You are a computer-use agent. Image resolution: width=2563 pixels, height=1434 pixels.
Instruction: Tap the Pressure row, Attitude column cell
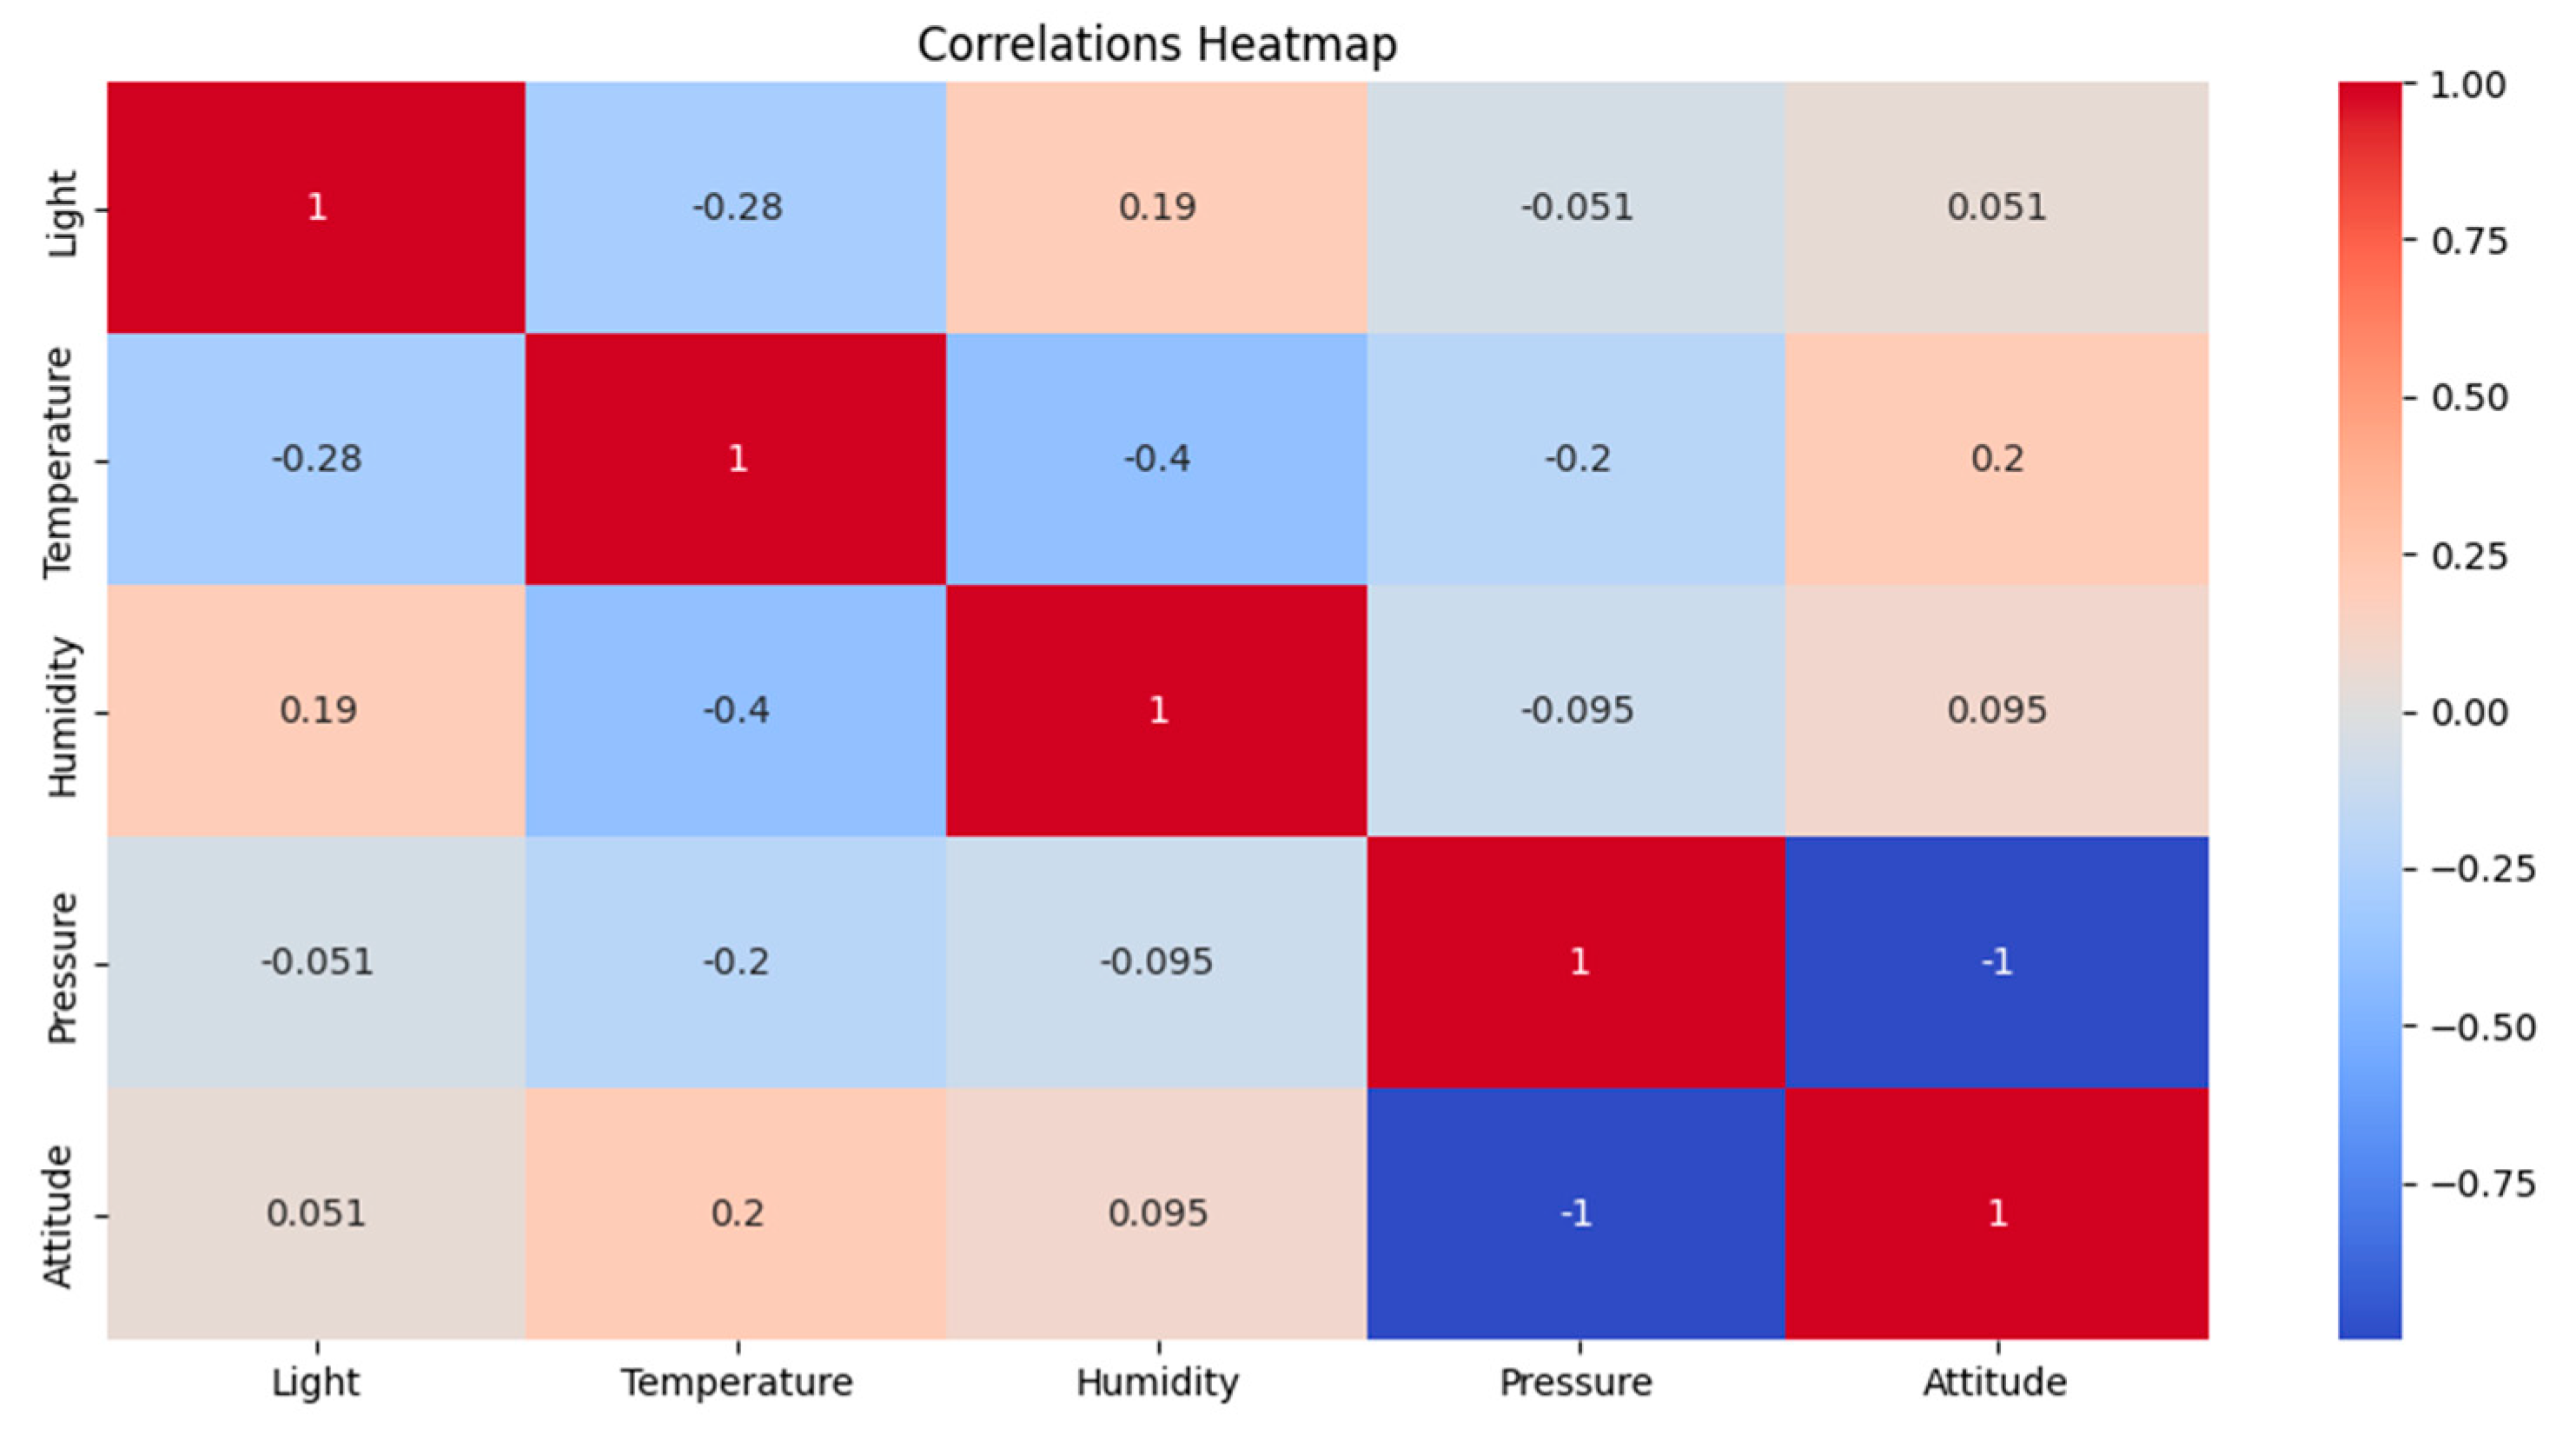(1997, 961)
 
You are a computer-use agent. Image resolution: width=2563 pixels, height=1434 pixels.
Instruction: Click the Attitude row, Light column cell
(316, 1213)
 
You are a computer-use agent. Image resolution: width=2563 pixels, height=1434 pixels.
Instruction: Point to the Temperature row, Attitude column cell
(1997, 459)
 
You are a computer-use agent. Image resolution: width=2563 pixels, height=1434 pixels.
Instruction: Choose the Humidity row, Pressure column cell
(1577, 709)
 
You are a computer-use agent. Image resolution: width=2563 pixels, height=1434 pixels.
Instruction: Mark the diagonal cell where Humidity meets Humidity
(1157, 709)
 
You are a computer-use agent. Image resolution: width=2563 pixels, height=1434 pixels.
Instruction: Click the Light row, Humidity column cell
(1157, 207)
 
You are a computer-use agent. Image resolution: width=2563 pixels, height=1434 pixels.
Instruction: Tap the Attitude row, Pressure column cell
(1577, 1213)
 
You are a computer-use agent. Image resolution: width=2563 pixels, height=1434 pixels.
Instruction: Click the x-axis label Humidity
(1157, 1382)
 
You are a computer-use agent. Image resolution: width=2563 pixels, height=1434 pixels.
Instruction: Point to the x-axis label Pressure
(1576, 1382)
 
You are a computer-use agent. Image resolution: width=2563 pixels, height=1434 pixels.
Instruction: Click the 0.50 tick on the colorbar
(2468, 398)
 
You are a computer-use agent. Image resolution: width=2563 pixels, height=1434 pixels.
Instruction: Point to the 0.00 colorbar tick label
(2468, 713)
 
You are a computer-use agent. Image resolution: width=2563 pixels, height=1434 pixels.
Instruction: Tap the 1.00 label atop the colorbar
(2467, 85)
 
